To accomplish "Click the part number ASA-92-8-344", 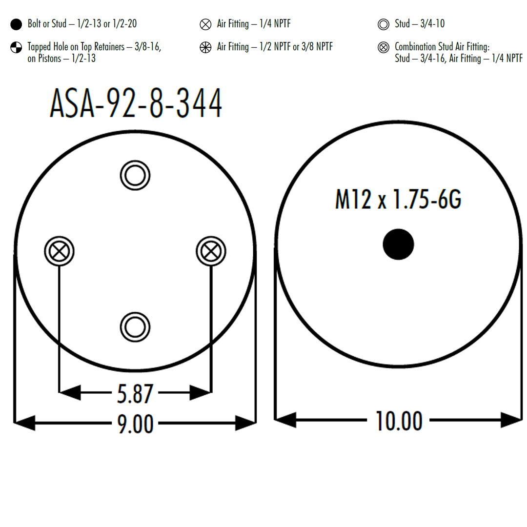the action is point(136,103).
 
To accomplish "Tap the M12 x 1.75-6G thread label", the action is point(398,199).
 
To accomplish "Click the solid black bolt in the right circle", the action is point(398,244).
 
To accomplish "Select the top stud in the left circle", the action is point(135,176).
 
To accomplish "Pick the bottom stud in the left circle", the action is point(135,327).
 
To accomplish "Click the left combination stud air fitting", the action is point(59,251).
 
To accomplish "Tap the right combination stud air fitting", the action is point(211,251).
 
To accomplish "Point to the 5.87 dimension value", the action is point(135,394).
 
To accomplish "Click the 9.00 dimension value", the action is point(135,424).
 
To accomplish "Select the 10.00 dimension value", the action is point(399,421).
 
